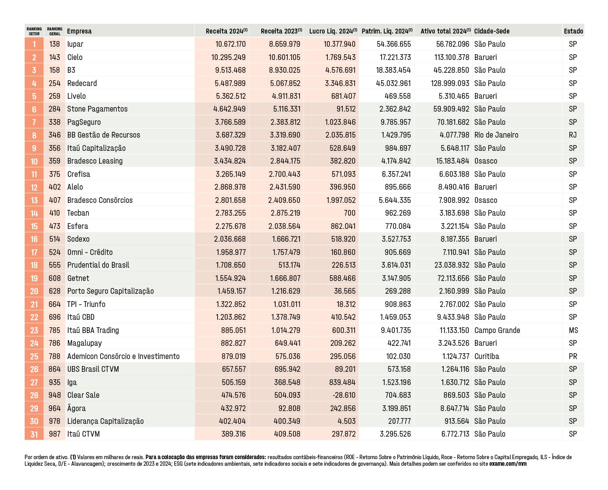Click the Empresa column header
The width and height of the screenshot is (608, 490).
(x=79, y=31)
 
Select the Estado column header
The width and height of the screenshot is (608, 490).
(x=573, y=31)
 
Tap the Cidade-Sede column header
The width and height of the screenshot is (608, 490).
(x=492, y=31)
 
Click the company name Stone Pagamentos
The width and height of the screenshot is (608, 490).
(x=97, y=109)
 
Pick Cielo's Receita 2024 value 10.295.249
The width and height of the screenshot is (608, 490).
(x=228, y=57)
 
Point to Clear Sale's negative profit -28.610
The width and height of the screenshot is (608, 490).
(x=344, y=395)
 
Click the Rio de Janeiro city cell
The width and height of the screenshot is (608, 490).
(x=496, y=135)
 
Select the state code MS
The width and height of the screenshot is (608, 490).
(x=573, y=330)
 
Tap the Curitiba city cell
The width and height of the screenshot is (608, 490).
(x=486, y=356)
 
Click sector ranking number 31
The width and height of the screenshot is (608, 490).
(x=34, y=434)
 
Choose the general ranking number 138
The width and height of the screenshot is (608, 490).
(x=55, y=44)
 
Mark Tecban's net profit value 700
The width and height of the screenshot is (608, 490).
(x=349, y=213)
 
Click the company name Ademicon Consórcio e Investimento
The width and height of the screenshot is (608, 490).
(x=123, y=356)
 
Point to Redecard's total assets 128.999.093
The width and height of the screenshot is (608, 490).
(x=450, y=83)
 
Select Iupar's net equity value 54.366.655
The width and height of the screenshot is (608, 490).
(x=393, y=44)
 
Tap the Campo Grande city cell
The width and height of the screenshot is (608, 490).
(x=497, y=330)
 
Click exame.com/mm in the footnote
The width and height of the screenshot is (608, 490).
(x=508, y=464)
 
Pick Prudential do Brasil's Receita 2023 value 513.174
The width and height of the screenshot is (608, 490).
(x=289, y=265)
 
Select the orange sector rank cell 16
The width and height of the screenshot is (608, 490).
(x=34, y=239)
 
